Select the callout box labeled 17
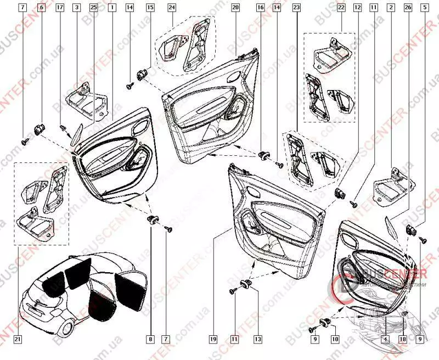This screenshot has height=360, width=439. [x=60, y=8]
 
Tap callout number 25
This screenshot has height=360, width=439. [x=93, y=8]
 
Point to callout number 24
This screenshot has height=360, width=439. [x=172, y=8]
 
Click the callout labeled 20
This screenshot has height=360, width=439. [x=236, y=8]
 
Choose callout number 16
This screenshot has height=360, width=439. [x=261, y=8]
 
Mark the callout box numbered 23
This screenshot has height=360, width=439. [x=297, y=8]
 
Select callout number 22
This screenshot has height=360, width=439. [x=341, y=8]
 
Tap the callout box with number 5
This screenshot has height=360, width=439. [x=424, y=8]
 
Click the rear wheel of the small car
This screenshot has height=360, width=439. [x=68, y=328]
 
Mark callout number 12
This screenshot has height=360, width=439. [x=357, y=8]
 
